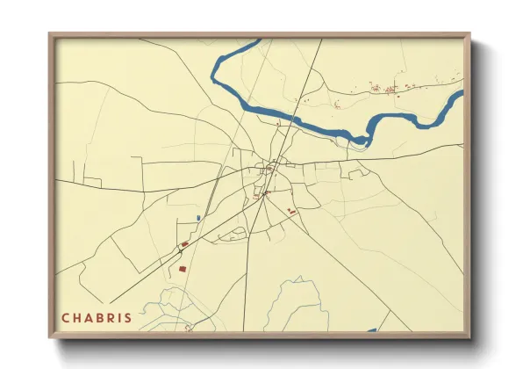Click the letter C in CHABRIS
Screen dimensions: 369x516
coord(66,317)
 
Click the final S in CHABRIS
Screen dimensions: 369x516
coord(131,317)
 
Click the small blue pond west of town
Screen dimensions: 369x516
coord(199,217)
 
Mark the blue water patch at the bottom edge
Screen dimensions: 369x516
coord(371,330)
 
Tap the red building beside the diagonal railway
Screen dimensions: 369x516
coord(185,243)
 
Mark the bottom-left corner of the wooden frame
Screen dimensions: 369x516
coord(50,337)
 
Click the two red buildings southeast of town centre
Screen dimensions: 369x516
coord(292,211)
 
